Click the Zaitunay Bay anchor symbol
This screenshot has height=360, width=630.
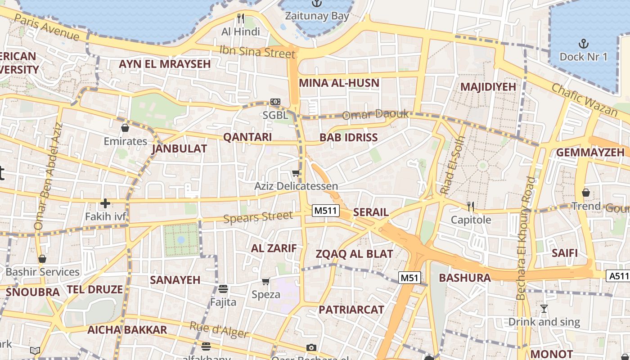tap(317, 4)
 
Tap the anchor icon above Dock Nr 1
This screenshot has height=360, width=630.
tap(583, 44)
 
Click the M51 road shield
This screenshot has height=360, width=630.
tap(409, 278)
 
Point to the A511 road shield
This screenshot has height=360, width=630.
tap(618, 275)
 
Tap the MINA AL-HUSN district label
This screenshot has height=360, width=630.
tap(339, 83)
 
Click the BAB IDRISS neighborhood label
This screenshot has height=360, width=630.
tap(348, 138)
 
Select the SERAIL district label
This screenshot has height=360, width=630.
tap(371, 212)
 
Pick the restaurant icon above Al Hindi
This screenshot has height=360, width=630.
tap(241, 18)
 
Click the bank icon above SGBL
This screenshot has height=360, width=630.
tap(275, 102)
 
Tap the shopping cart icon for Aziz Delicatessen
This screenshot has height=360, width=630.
tap(296, 173)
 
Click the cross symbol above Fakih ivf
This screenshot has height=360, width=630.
tap(105, 203)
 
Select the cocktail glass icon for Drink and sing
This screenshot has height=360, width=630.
tap(544, 309)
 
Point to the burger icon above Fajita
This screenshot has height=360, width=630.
tap(223, 288)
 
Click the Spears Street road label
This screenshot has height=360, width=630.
tap(258, 217)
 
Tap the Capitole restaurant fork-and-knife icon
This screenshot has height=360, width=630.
tap(471, 207)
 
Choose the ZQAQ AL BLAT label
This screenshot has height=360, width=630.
tap(354, 254)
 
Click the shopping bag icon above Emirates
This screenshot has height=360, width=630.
tap(125, 128)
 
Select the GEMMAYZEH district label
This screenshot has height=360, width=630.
tap(590, 152)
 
